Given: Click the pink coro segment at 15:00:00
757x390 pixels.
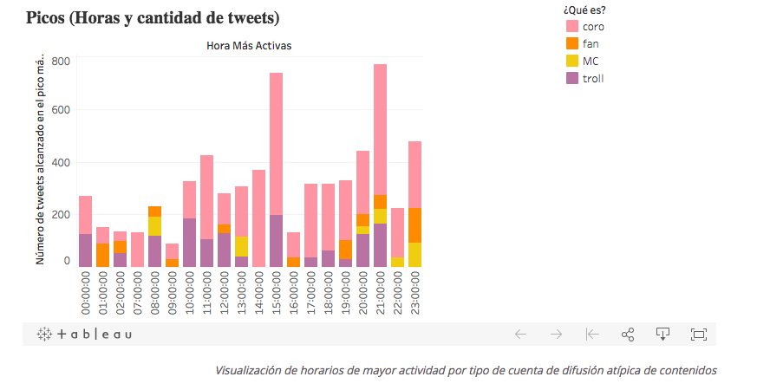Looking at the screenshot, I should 276,143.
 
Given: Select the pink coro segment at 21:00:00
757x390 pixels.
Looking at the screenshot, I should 380,129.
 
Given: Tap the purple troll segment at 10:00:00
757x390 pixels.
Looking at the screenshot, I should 189,242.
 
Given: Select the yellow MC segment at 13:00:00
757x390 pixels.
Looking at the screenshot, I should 241,246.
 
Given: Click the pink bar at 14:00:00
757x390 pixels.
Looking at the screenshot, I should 258,218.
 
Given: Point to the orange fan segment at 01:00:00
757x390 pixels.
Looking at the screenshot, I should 102,255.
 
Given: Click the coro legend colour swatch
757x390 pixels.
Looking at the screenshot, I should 571,26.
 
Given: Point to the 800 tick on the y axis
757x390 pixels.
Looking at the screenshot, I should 60,62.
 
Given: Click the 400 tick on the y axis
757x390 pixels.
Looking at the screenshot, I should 60,162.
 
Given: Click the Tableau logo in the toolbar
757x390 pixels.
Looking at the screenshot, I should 84,334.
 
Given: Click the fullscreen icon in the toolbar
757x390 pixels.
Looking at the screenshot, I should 698,334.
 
